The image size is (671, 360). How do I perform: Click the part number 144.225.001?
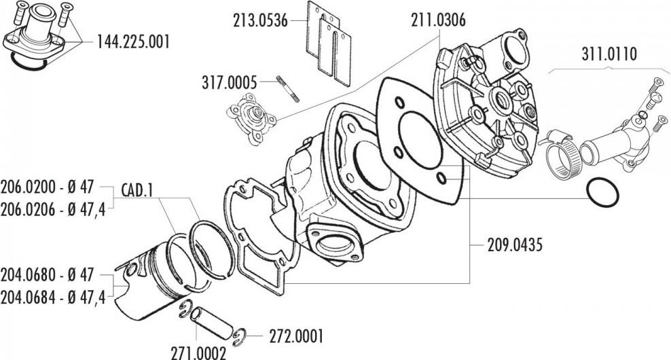coord(133,42)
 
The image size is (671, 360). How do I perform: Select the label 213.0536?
coord(260,20)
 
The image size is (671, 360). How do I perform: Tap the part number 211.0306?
coord(438,20)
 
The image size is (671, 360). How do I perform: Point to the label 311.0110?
coord(609,54)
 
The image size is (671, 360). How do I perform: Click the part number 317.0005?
coord(230,82)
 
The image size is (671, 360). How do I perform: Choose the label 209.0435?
coord(515,245)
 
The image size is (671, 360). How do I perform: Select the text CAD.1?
coord(137,190)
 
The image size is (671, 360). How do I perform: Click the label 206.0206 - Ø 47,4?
coord(53,210)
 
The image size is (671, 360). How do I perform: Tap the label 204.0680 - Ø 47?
coord(47,275)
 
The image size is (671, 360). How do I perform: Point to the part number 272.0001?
coord(296,336)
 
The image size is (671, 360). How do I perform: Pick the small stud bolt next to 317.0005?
coord(287,89)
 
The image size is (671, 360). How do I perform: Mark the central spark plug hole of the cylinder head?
coord(503,101)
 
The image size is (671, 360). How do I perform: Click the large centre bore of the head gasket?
coord(420,140)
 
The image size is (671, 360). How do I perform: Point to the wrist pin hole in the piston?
coord(131,269)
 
